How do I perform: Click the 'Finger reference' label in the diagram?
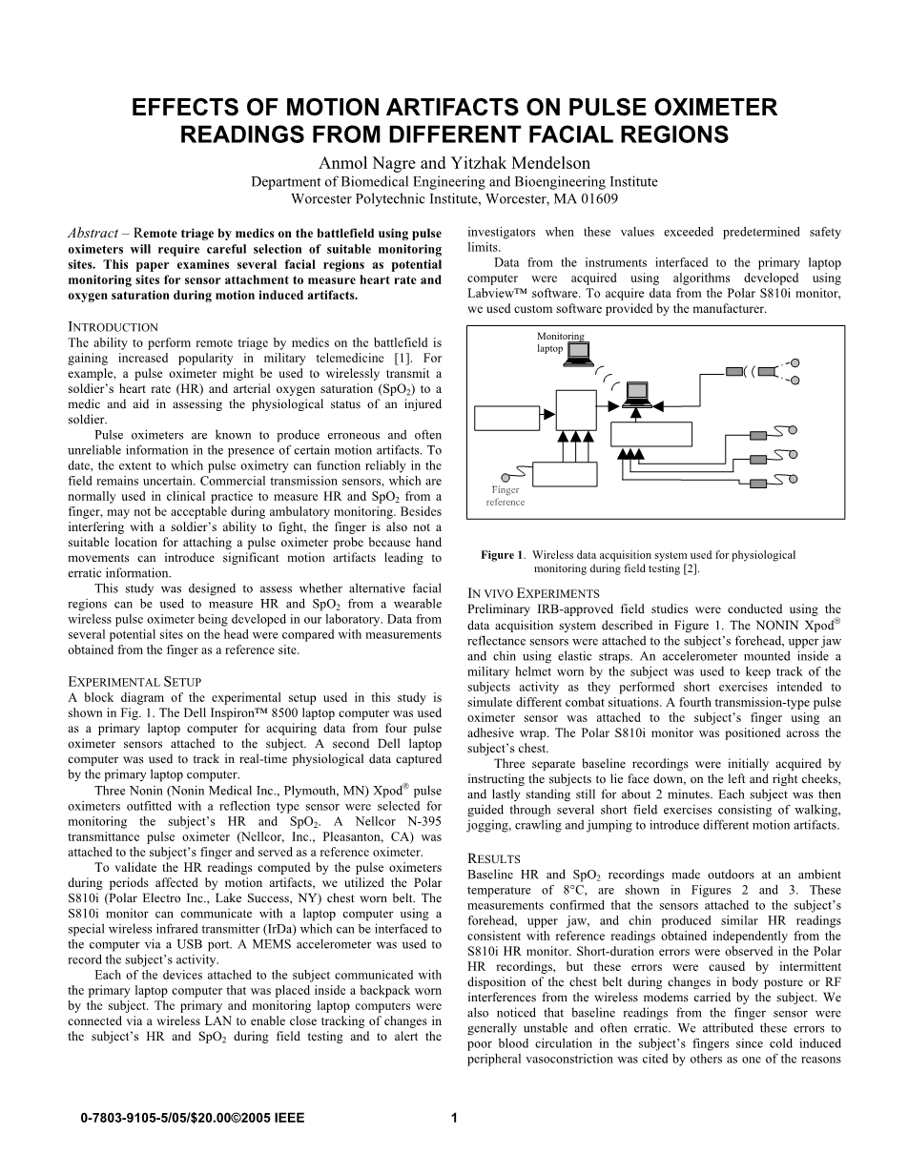click(505, 496)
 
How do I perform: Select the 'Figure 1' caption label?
click(503, 555)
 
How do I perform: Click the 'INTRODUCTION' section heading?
click(113, 327)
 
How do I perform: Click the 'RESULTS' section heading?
click(494, 858)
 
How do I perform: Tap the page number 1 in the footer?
click(454, 1119)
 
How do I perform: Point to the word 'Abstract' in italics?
click(93, 233)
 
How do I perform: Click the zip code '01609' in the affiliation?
click(597, 199)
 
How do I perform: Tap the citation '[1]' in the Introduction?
click(403, 356)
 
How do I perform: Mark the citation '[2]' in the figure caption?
click(691, 568)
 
